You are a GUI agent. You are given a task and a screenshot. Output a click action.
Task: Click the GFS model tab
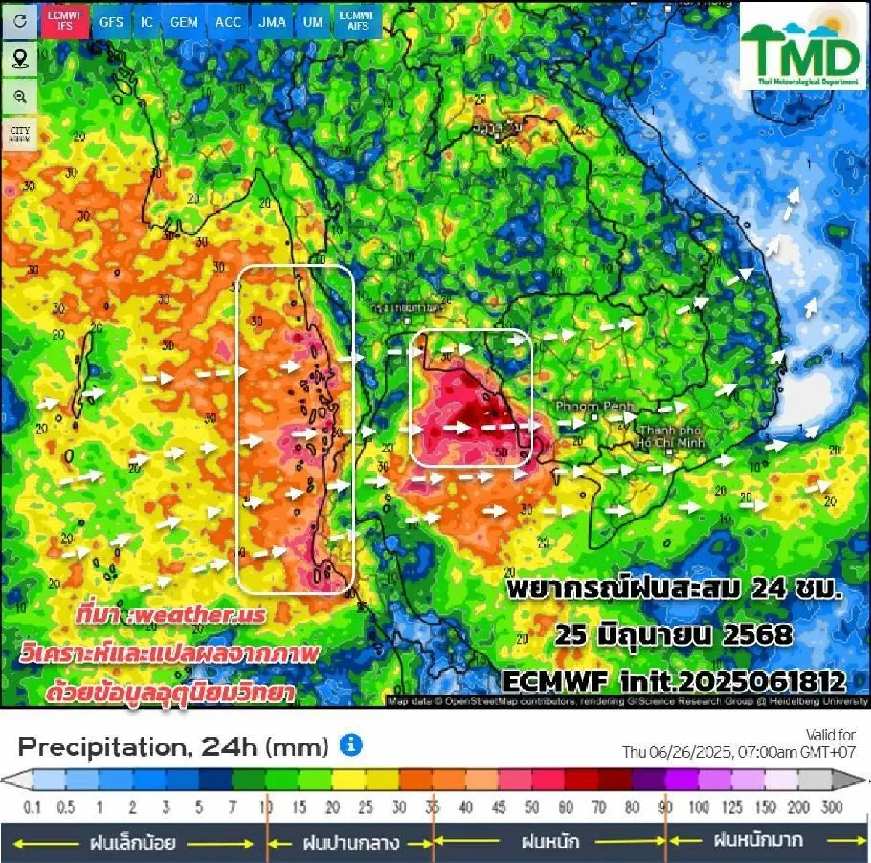point(111,22)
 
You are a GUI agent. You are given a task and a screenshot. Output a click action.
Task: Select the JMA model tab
point(272,22)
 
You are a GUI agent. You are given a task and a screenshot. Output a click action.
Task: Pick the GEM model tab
point(184,22)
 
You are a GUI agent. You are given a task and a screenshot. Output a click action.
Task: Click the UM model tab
point(313,22)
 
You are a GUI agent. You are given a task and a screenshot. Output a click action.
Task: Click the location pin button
point(20,58)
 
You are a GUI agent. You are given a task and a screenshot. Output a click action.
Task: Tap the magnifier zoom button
point(20,97)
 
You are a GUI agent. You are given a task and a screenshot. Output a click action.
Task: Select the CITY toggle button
point(20,135)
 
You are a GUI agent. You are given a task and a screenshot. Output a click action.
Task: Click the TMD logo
point(803,47)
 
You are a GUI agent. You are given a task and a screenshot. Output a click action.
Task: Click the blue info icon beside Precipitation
point(351,745)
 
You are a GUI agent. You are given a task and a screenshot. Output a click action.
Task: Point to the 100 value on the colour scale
point(698,807)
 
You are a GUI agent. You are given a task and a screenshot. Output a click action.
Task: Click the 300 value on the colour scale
point(832,807)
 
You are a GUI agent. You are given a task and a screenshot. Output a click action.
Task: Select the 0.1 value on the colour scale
point(32,807)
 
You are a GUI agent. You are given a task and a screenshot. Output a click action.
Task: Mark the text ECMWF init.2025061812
point(674,681)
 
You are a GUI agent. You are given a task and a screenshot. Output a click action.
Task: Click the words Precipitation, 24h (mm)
point(173,746)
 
